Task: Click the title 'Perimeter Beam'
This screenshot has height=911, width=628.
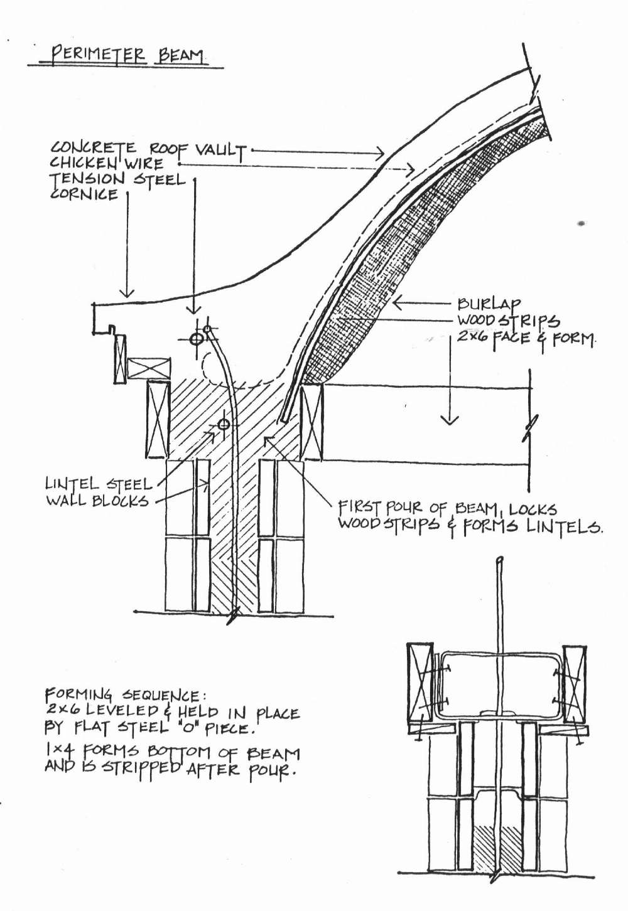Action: coord(126,55)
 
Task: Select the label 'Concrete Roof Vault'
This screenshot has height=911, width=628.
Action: coord(148,149)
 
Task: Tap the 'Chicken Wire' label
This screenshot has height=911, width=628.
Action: coord(106,164)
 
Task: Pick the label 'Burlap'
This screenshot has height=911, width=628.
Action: coord(489,304)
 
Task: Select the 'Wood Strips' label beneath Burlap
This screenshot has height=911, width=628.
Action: coord(508,321)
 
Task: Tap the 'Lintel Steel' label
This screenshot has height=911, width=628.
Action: coord(98,484)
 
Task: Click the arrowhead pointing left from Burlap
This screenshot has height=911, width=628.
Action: coord(399,303)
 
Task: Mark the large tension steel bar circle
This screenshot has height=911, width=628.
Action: coord(196,338)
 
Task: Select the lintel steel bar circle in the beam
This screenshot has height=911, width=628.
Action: coord(223,425)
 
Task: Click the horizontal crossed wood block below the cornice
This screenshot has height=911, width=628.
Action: coord(149,368)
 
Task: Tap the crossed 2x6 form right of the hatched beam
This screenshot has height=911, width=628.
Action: coord(311,422)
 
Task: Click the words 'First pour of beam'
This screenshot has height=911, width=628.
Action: coord(420,509)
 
